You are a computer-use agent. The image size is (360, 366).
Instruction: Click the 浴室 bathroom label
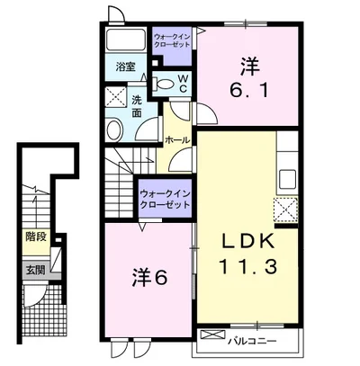tap(126, 67)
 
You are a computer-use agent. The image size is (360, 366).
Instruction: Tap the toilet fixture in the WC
tap(163, 84)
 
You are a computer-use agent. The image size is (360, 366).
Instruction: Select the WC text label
tap(184, 84)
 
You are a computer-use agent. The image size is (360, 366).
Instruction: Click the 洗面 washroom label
tap(137, 107)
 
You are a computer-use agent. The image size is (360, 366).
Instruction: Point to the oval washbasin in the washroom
tap(114, 130)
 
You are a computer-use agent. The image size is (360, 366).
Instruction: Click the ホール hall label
tap(177, 140)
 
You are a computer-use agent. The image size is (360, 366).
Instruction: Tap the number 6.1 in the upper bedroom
tap(249, 90)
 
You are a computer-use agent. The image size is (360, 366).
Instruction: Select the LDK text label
tap(247, 241)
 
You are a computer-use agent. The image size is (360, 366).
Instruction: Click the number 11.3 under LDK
tap(248, 267)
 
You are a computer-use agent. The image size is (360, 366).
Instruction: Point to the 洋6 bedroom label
tap(149, 278)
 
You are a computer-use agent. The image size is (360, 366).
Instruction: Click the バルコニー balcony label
tap(252, 341)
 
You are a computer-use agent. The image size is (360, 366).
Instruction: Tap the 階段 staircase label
tap(36, 237)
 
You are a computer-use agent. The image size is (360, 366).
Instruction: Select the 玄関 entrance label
tap(35, 271)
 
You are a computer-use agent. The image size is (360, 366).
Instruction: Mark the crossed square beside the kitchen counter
tap(285, 210)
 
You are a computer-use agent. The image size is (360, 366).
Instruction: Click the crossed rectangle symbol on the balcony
tap(212, 335)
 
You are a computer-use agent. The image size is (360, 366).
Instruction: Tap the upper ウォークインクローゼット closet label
tap(172, 40)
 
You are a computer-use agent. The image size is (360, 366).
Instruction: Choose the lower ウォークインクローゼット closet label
tap(165, 200)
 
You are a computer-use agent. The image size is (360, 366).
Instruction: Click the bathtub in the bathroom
tap(126, 40)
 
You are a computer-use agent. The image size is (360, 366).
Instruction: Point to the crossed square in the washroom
tap(116, 96)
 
